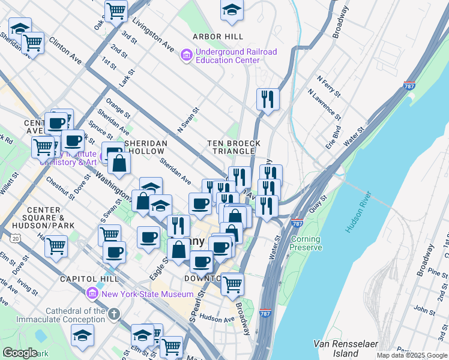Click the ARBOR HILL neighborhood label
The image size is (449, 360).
(x=217, y=37)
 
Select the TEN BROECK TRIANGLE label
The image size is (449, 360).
(x=234, y=147)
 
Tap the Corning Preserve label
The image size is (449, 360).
(x=306, y=243)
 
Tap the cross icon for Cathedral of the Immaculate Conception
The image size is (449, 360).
(x=115, y=314)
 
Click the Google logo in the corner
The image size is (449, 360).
(x=20, y=353)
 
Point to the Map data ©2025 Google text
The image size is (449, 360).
(x=412, y=355)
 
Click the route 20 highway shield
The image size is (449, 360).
(x=15, y=239)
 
